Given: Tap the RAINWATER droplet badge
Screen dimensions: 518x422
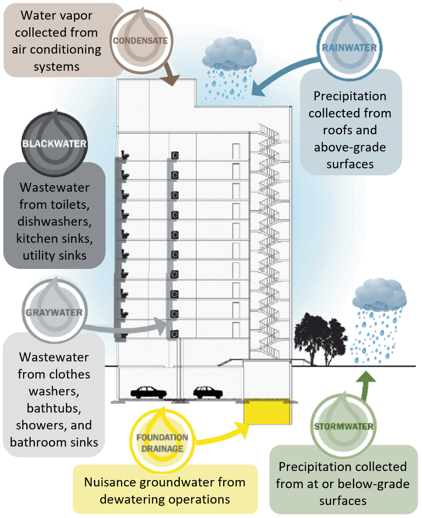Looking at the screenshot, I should pyautogui.click(x=349, y=47).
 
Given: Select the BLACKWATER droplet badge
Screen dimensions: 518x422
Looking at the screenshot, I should pyautogui.click(x=55, y=144).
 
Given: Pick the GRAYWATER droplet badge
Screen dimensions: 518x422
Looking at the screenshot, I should pyautogui.click(x=54, y=312).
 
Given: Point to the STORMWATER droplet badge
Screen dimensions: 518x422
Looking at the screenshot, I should pyautogui.click(x=343, y=426).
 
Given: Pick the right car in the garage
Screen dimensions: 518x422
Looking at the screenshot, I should pyautogui.click(x=208, y=392).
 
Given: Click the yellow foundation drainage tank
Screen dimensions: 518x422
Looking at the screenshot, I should pyautogui.click(x=267, y=411).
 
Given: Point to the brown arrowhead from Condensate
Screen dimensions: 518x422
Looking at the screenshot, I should pyautogui.click(x=170, y=79).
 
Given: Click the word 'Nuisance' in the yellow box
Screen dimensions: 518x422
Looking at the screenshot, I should pyautogui.click(x=110, y=482).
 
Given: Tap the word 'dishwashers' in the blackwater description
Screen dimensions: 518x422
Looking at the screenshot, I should pyautogui.click(x=54, y=221).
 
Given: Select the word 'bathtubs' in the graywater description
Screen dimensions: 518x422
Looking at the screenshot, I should pyautogui.click(x=54, y=408).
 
